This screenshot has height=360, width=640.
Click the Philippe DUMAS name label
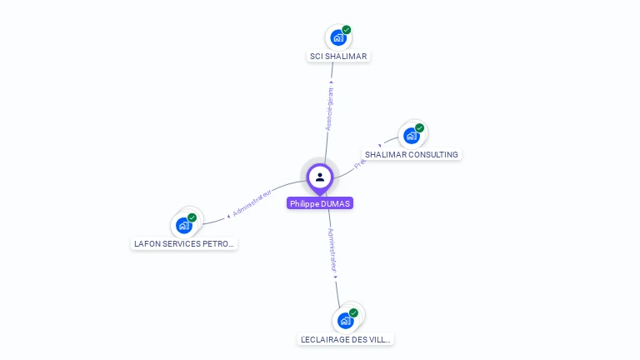pos(320,203)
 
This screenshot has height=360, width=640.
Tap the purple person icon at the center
pos(320,177)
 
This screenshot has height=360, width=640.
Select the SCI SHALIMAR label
pos(337,57)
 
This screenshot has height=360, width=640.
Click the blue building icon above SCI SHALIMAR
pos(337,37)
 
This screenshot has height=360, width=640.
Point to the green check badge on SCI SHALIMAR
pos(347,30)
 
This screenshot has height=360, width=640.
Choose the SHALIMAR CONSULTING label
pos(412,155)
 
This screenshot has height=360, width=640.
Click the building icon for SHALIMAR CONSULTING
pos(411,136)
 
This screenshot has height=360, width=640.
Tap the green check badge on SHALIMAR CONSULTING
pos(420,128)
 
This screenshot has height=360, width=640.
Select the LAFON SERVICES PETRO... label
pos(185,244)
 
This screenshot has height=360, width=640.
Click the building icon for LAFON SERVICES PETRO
pos(183,225)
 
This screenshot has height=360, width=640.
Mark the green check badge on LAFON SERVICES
pos(192,217)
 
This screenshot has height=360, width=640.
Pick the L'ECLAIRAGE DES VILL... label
pos(346,340)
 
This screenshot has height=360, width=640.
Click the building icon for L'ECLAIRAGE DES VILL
pos(345,321)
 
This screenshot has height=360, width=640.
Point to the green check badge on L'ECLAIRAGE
pos(354,313)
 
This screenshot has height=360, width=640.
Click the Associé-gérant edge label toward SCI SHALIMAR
pos(330,107)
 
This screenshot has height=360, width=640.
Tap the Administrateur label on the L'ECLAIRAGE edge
pos(332,251)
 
